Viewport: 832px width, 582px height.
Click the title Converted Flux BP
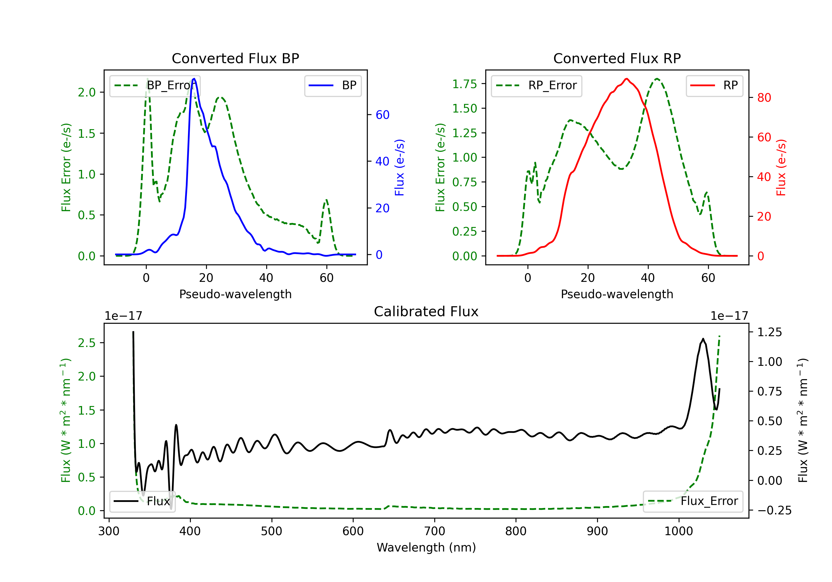click(235, 58)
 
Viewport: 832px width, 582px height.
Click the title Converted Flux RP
click(617, 58)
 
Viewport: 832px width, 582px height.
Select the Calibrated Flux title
click(426, 312)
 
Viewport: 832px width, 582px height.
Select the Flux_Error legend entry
click(693, 501)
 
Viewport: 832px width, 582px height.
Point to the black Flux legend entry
click(143, 501)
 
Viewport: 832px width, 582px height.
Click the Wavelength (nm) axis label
click(426, 547)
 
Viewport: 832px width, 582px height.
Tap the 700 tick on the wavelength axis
click(435, 531)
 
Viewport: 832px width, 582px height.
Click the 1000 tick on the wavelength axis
click(679, 531)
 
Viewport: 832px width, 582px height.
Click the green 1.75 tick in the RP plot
click(465, 84)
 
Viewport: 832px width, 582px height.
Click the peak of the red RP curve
click(626, 79)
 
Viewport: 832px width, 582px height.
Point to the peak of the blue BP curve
click(194, 79)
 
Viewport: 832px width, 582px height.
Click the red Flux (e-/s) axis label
click(781, 167)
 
